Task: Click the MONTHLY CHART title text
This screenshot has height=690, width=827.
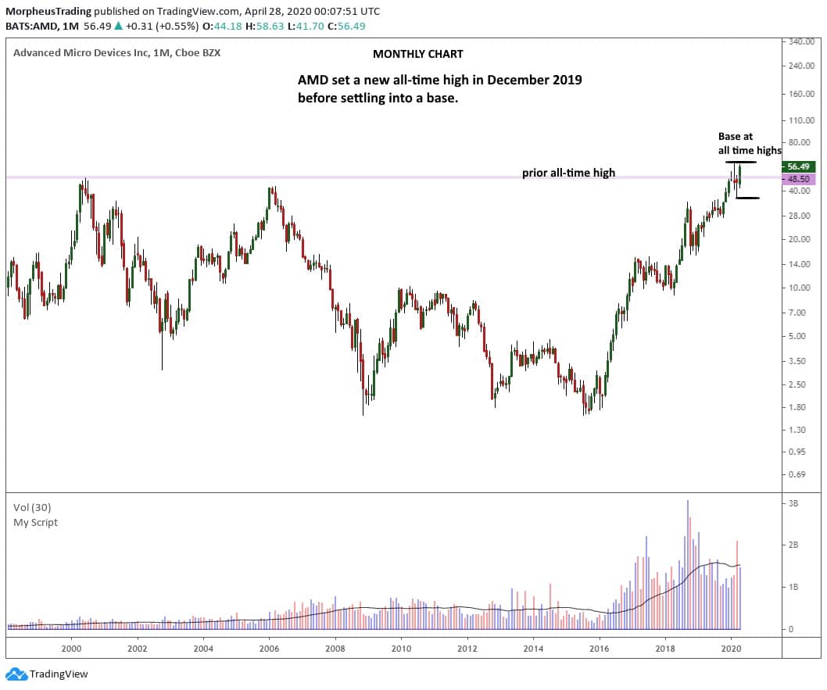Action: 417,54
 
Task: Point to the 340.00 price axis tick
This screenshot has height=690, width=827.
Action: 803,41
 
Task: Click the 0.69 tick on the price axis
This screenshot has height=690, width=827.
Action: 798,474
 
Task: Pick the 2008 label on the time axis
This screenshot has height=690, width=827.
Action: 335,648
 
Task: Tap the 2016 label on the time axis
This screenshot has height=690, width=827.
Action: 599,648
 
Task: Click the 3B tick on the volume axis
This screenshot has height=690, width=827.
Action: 795,504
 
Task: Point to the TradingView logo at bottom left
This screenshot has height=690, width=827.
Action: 48,674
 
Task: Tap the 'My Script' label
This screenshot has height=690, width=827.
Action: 35,522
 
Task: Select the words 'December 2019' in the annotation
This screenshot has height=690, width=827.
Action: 539,81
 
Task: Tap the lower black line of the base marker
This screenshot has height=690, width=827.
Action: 747,198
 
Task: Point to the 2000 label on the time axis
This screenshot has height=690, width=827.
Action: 71,648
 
